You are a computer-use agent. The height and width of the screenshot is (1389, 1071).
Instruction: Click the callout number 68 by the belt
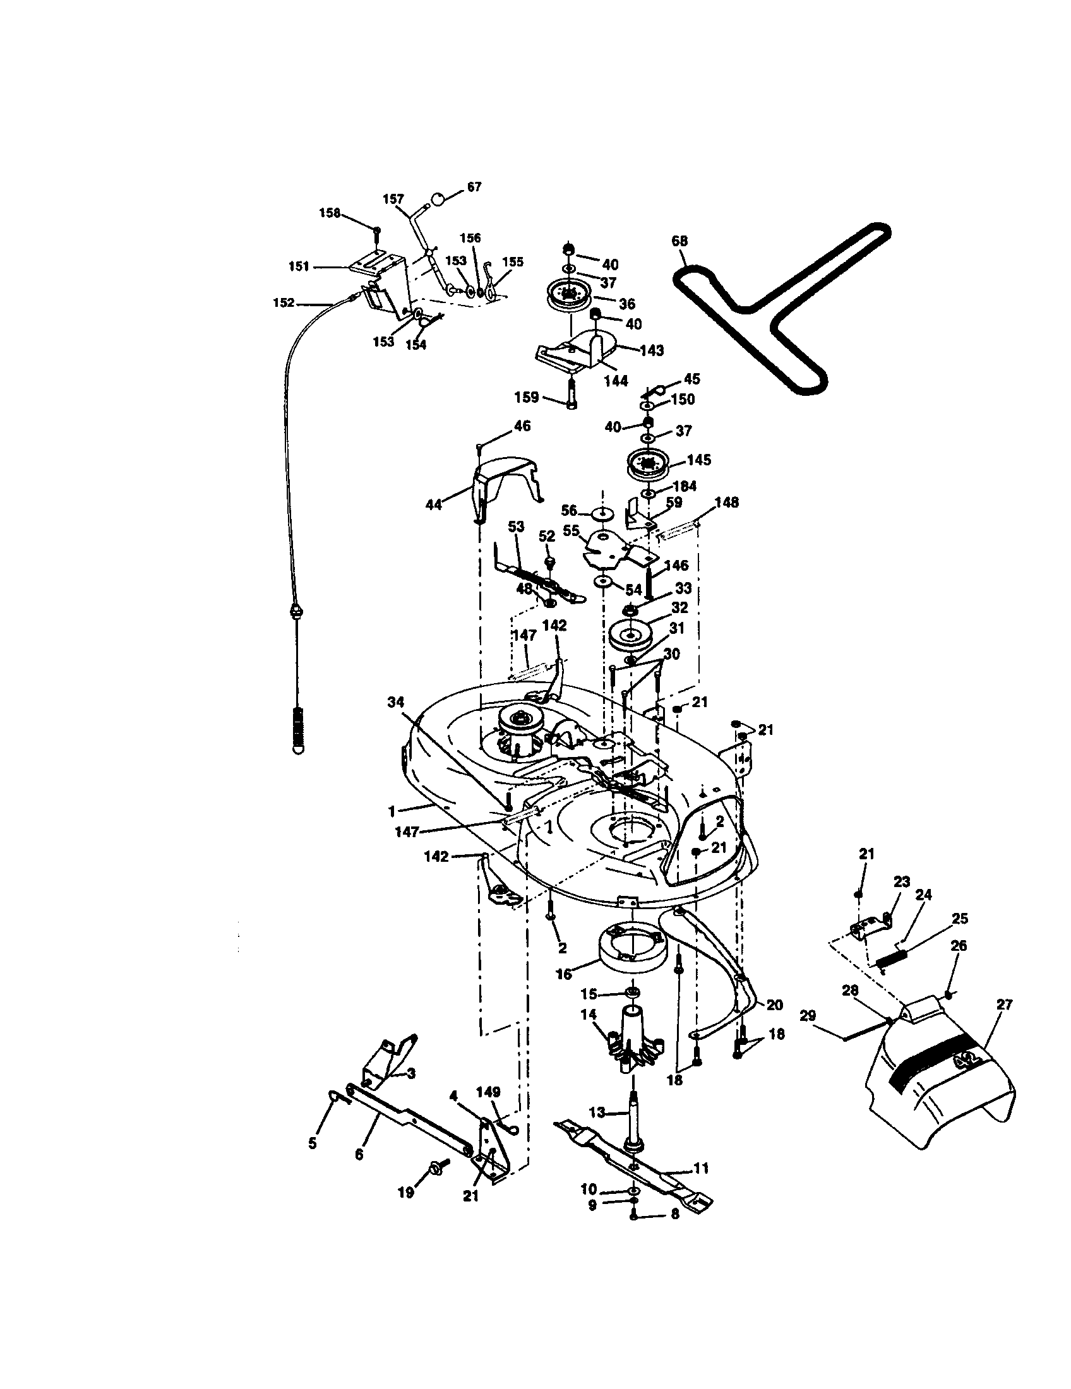coord(679,241)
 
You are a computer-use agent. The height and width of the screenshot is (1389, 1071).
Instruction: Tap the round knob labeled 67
coord(438,199)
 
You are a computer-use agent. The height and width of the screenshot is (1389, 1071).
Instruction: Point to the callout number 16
coord(564,974)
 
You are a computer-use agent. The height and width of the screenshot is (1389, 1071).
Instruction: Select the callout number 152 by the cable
coord(284,302)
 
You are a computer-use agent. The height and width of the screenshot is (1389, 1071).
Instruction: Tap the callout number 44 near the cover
coord(433,505)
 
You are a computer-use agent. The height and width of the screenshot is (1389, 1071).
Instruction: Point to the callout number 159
coord(527,398)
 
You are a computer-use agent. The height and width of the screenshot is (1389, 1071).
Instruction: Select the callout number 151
coord(298,266)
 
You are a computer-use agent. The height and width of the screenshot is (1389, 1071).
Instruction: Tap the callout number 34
coord(395,702)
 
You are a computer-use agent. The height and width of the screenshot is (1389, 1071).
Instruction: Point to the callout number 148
coord(727,503)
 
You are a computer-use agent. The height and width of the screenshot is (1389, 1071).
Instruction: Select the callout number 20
coord(774,1005)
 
